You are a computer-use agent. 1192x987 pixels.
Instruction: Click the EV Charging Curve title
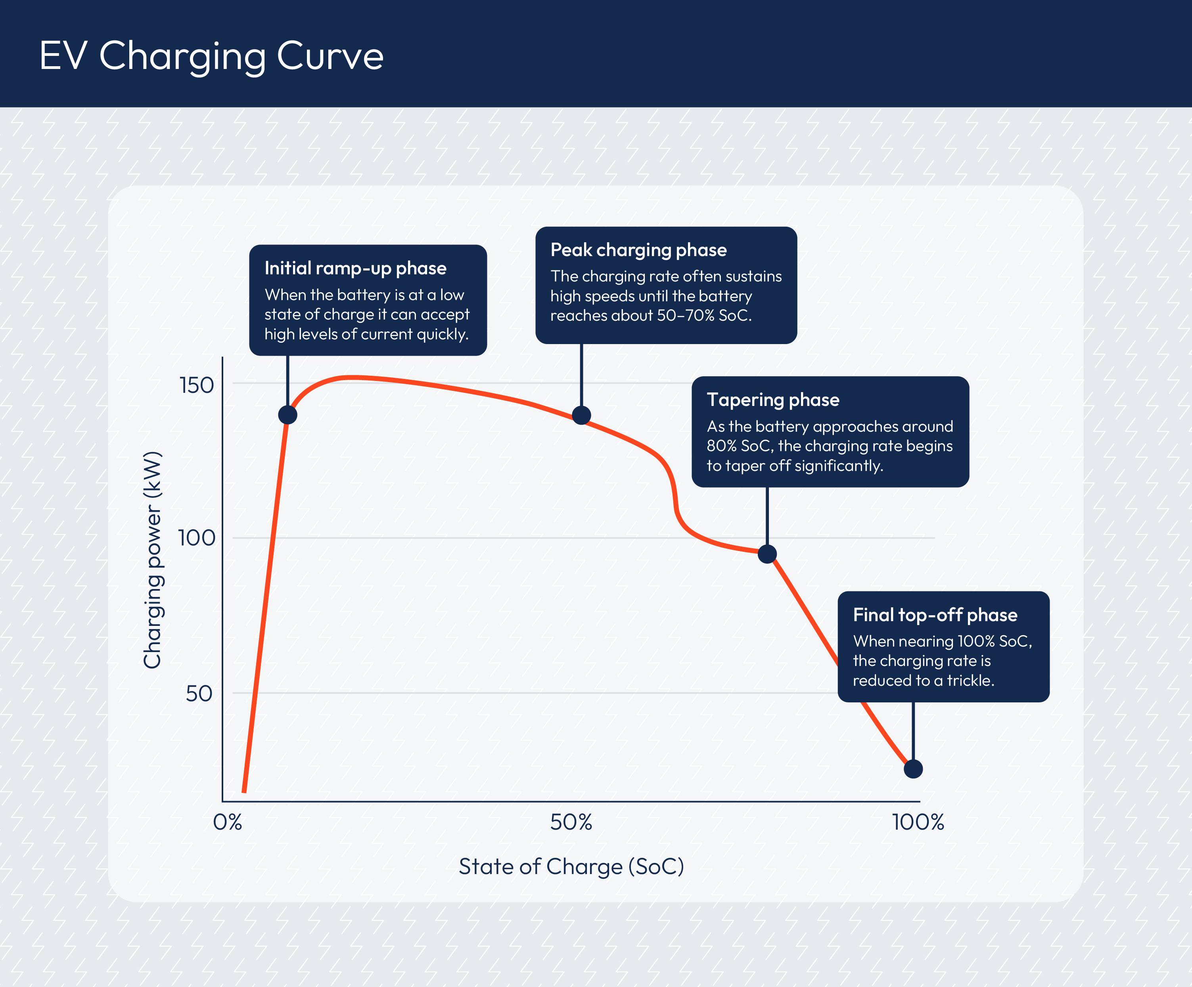pyautogui.click(x=211, y=56)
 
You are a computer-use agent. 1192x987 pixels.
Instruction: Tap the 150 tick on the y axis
pyautogui.click(x=196, y=385)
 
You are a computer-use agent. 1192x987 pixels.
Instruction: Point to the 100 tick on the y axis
pyautogui.click(x=196, y=538)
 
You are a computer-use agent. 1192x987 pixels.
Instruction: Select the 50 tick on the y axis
pyautogui.click(x=199, y=693)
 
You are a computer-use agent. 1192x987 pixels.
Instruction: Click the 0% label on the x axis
pyautogui.click(x=228, y=822)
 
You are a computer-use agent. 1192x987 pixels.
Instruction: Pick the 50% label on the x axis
pyautogui.click(x=571, y=822)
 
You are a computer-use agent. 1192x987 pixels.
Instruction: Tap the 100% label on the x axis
pyautogui.click(x=918, y=822)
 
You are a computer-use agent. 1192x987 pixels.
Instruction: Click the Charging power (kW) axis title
pyautogui.click(x=153, y=560)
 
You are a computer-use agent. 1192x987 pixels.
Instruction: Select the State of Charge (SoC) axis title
pyautogui.click(x=571, y=866)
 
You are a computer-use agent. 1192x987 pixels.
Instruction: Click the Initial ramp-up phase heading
pyautogui.click(x=355, y=268)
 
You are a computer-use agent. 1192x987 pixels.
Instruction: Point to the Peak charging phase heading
pyautogui.click(x=638, y=250)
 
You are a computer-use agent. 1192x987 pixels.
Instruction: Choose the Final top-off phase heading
pyautogui.click(x=935, y=615)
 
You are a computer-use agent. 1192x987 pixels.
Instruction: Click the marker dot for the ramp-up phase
pyautogui.click(x=288, y=415)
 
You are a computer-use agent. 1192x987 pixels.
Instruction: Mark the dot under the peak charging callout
pyautogui.click(x=581, y=415)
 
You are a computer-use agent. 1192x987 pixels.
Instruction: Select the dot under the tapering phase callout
pyautogui.click(x=767, y=554)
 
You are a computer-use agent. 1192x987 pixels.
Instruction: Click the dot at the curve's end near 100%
pyautogui.click(x=913, y=769)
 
